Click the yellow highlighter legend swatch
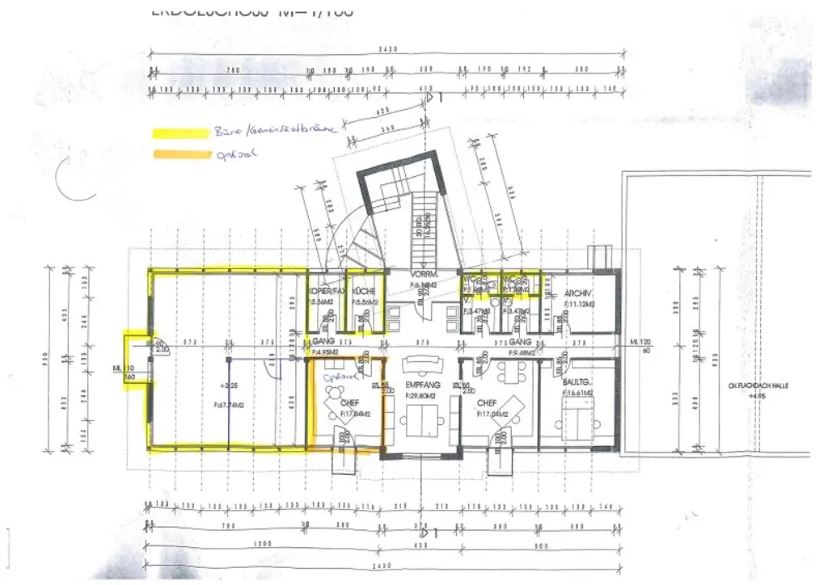[x=179, y=133]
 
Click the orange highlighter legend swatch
[x=179, y=154]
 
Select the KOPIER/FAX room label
[x=326, y=290]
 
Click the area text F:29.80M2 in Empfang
[x=420, y=397]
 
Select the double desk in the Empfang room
[x=421, y=420]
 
